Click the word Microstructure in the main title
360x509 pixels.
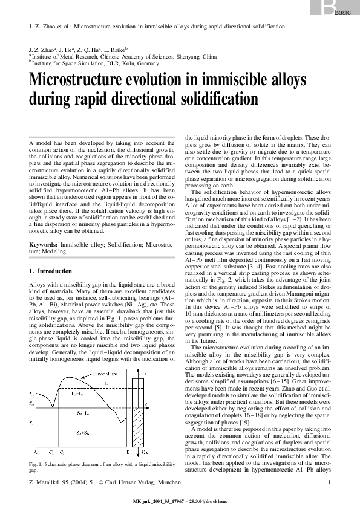(x=79, y=81)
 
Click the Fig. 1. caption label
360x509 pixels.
(x=39, y=464)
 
